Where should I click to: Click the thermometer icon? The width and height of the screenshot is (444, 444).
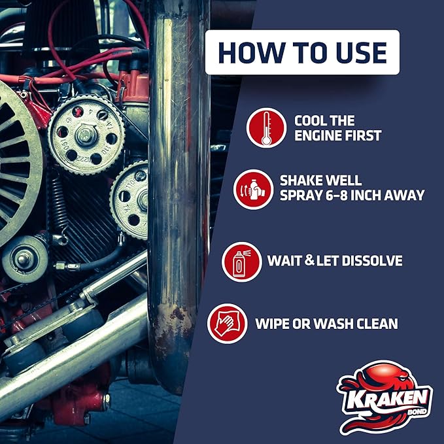point(266,128)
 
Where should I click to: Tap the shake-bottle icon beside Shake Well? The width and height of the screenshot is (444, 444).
point(253,189)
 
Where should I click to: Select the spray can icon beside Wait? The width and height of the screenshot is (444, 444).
point(242,262)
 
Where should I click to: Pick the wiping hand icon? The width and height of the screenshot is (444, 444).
point(227,323)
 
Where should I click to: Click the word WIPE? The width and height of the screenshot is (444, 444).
point(273,323)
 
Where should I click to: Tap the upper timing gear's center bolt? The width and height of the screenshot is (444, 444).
point(86,134)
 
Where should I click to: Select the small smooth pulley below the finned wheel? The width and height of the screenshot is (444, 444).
point(24,259)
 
